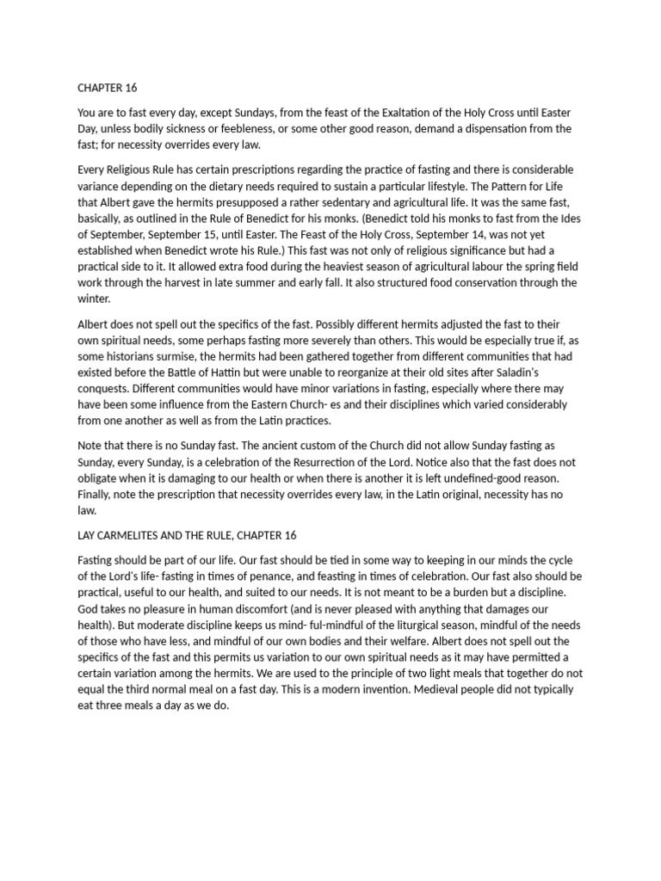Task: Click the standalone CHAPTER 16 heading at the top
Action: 108,88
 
